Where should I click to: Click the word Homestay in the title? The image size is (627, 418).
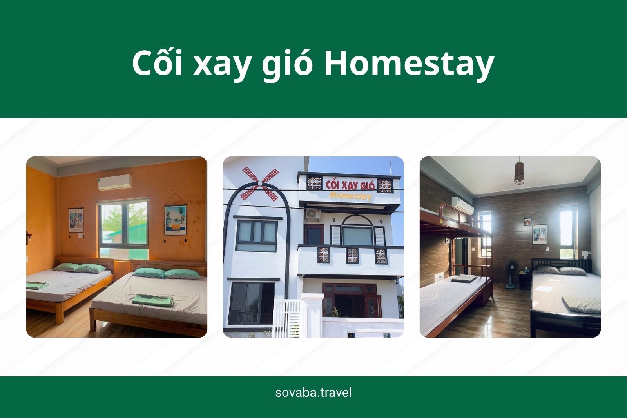coord(408,64)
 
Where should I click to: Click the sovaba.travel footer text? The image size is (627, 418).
coord(313,392)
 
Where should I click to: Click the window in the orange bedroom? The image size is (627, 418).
coord(122,227)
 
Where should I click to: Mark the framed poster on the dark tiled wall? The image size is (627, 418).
coord(540,234)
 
